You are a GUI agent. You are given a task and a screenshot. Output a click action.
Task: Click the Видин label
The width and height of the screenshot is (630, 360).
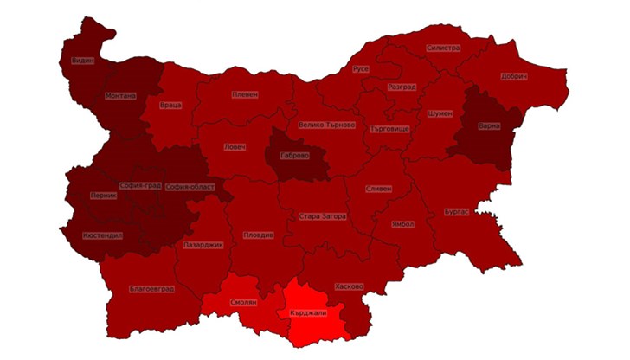[82, 61]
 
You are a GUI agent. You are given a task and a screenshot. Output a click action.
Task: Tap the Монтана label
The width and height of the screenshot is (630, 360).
[120, 96]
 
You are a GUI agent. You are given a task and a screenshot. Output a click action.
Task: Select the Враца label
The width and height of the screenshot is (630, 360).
[170, 106]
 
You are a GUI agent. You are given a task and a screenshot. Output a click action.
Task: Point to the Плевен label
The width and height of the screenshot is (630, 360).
[245, 94]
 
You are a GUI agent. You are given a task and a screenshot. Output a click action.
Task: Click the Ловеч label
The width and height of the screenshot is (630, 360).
[235, 147]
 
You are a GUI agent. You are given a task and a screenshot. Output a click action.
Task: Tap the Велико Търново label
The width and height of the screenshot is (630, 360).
[326, 125]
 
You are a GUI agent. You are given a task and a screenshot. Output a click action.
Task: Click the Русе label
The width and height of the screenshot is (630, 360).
[361, 68]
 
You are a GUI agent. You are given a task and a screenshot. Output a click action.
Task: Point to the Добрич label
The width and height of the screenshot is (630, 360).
[514, 76]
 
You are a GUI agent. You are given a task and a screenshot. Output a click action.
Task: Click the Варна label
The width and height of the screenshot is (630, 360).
[489, 126]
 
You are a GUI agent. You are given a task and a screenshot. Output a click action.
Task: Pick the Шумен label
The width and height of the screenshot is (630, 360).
[440, 113]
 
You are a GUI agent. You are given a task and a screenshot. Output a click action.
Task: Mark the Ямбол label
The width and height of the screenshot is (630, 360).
[402, 223]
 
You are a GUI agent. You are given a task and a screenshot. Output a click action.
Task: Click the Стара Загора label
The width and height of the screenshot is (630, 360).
[322, 216]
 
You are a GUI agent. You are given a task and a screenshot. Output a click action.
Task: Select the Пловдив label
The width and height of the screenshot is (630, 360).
[259, 235]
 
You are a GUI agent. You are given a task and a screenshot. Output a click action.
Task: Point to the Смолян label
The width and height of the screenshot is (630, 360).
[243, 304]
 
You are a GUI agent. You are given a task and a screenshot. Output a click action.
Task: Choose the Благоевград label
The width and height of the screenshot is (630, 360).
[151, 288]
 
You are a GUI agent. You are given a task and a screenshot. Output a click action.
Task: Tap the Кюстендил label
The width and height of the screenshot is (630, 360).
[103, 235]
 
